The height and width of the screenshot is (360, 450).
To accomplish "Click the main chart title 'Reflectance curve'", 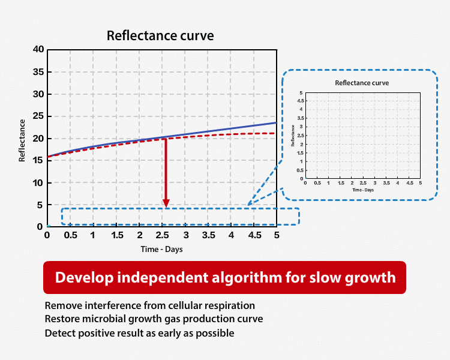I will (160, 36).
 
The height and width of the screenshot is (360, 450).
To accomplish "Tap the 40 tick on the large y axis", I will (37, 50).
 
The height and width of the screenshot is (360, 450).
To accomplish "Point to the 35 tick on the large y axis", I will (37, 72).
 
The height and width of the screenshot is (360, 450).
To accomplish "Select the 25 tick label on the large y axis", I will (37, 116).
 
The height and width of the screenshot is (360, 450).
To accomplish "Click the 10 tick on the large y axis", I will (37, 183).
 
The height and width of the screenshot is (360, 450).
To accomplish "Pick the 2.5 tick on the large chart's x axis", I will (162, 236).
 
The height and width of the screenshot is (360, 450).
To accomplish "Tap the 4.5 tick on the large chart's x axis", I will (254, 236).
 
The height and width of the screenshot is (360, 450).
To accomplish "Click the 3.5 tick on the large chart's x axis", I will (208, 236).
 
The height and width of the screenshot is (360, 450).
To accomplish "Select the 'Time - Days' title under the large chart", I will (162, 249).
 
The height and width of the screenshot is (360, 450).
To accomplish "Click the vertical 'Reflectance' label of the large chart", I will (22, 140).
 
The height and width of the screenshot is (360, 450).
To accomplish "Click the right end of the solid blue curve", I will (275, 123).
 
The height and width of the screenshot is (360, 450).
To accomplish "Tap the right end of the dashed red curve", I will (275, 133).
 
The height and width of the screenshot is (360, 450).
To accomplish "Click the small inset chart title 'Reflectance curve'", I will (362, 83).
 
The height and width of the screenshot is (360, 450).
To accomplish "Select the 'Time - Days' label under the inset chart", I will (362, 190).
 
